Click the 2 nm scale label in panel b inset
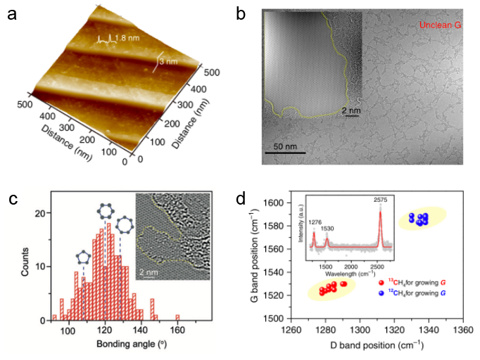tap(353, 111)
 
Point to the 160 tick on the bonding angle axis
tap(178, 332)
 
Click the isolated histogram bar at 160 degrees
tap(178, 317)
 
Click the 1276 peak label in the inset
tap(314, 221)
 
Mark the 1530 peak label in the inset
tap(328, 229)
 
